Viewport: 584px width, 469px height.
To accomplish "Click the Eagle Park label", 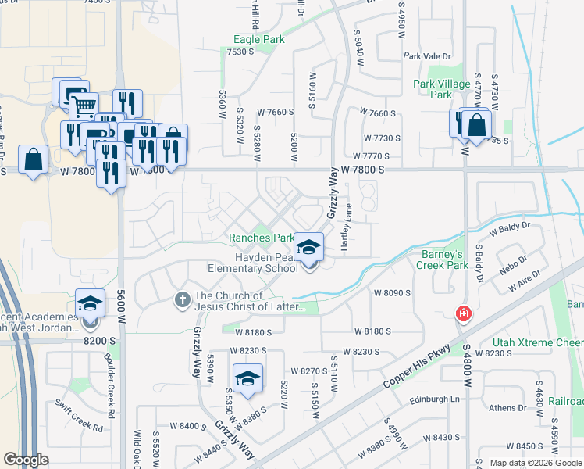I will [x=259, y=39].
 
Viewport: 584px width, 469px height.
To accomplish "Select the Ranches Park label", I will [x=261, y=238].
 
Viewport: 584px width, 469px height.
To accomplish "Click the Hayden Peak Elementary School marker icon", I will [x=309, y=250].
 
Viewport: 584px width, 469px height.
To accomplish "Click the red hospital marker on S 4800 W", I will [x=464, y=313].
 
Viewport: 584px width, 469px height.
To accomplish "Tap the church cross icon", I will [x=182, y=299].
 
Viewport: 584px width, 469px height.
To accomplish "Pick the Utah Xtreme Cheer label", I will [x=538, y=343].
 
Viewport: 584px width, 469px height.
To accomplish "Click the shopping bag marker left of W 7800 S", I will [x=32, y=160].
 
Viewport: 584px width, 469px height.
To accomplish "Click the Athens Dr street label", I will [x=507, y=407].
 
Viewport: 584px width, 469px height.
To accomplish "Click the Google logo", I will [x=27, y=460].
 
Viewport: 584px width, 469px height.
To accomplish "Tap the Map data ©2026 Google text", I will [x=536, y=463].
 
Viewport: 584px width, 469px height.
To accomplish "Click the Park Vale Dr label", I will [x=428, y=56].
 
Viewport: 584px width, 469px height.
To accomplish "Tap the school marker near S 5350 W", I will [x=248, y=379].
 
